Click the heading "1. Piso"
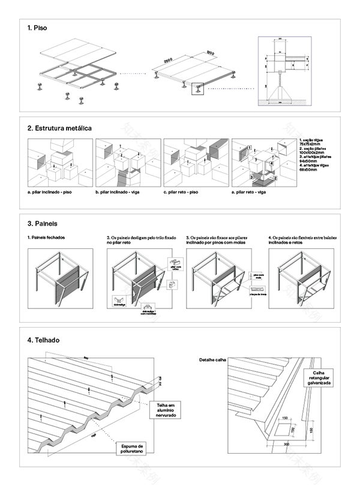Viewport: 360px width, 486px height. pos(37,28)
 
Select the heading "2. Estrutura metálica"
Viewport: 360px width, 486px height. pos(59,128)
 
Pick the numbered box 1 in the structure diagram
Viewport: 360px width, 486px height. pos(240,147)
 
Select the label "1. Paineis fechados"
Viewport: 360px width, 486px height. pos(46,238)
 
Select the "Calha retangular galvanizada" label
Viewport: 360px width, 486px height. pos(322,377)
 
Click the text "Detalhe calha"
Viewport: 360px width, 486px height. pos(212,360)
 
